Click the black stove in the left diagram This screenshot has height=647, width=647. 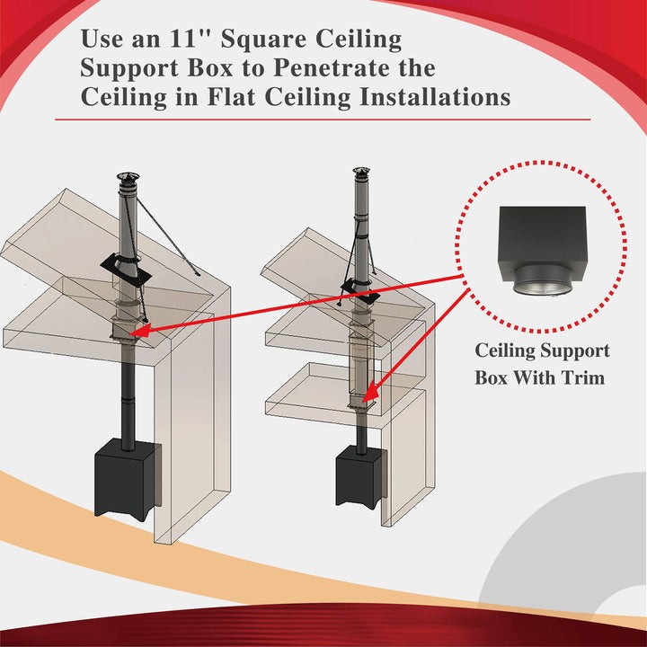127,475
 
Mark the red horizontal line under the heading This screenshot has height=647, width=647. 323,119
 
